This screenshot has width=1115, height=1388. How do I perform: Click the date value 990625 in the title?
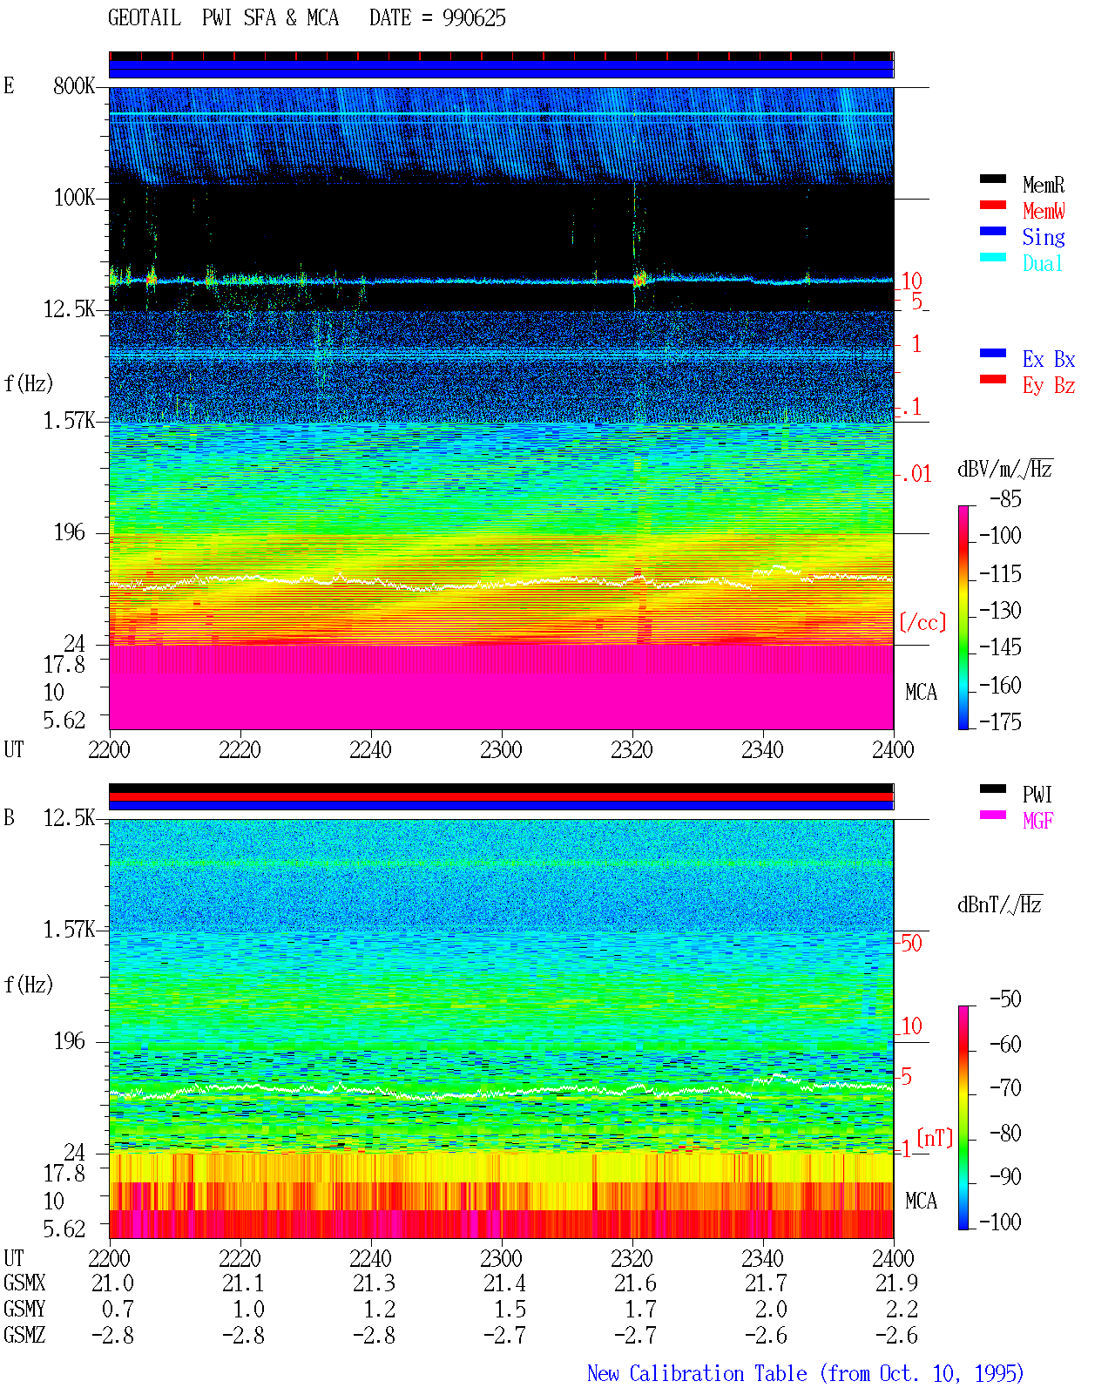coord(474,18)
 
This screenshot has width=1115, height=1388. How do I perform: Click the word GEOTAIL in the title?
coord(145,18)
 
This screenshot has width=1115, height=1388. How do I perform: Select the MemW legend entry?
coord(1044,211)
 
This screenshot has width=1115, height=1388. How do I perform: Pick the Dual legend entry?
coord(1042,263)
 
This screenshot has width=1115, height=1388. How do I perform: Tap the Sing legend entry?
coord(1044,237)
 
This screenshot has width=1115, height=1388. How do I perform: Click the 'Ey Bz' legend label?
coord(1049,386)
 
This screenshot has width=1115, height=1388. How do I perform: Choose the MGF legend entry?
coord(1037,821)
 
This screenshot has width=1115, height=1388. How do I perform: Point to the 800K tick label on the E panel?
coord(74,85)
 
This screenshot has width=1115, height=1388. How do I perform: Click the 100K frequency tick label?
coord(74,198)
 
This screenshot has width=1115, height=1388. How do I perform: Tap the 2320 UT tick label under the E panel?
coord(632,749)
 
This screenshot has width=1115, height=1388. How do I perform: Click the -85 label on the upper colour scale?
coord(1005,499)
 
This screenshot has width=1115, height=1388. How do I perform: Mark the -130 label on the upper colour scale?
coord(1000,610)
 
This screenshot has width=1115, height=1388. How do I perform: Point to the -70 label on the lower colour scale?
coord(1005,1088)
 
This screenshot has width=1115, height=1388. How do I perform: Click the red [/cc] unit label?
coord(922,622)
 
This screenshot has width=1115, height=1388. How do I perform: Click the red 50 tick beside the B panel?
coord(911,943)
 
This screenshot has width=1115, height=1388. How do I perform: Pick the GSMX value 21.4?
coord(505,1283)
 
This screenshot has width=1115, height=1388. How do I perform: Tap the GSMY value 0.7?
coord(118,1310)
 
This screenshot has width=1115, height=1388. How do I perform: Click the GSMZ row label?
coord(24,1335)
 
